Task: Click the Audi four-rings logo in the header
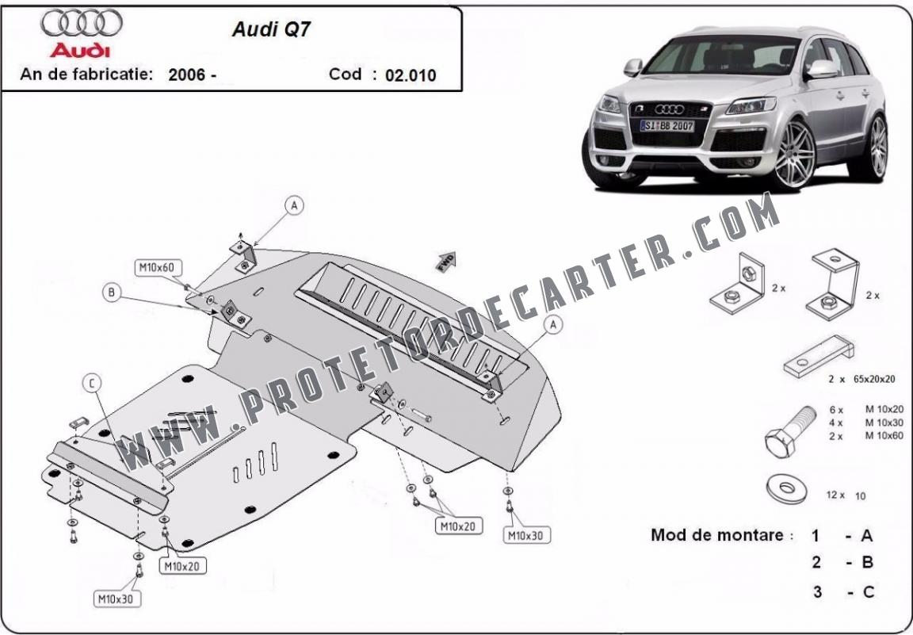[81, 23]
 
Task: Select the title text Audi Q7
[271, 29]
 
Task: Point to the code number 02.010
[411, 75]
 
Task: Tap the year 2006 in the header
[187, 75]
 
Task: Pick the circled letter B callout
[112, 293]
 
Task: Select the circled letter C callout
[91, 384]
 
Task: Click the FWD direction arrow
[447, 262]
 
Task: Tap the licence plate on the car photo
[667, 126]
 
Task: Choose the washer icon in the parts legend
[787, 488]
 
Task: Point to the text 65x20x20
[874, 379]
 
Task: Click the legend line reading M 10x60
[865, 436]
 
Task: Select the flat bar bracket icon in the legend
[818, 356]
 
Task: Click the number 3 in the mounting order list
[818, 592]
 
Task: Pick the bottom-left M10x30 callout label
[117, 599]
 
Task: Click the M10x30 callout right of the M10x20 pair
[526, 535]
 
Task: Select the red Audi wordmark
[80, 50]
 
